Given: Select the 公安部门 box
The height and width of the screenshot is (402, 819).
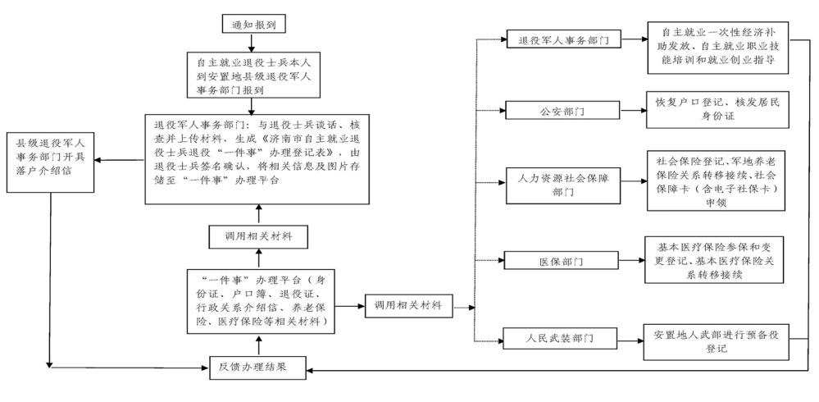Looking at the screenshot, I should point(562,108).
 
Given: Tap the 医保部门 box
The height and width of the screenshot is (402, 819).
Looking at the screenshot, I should point(562,262).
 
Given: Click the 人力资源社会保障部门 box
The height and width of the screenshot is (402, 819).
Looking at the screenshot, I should point(562,185).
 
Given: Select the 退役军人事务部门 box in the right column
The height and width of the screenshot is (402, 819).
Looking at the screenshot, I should point(562,39).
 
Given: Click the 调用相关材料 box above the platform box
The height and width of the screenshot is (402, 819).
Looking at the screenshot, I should point(258,236).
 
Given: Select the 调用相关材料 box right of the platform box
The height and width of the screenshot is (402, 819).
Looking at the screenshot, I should point(408,305).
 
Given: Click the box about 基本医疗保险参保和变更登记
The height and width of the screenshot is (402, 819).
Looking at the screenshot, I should point(717,261).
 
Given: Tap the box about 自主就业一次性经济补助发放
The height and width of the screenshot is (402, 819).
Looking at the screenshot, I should point(717,48).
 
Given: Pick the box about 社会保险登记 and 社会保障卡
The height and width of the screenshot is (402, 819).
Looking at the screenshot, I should point(717,180).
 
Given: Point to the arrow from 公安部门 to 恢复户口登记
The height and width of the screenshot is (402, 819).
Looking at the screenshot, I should point(632,108).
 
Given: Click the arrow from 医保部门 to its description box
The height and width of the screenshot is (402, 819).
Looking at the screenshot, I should point(632,261).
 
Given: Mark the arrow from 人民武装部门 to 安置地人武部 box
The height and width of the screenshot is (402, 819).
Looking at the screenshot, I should point(632,337).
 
